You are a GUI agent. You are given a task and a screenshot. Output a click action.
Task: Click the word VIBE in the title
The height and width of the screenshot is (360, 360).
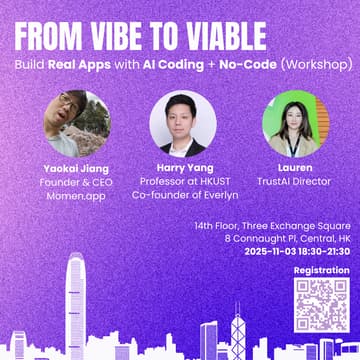point(148,32)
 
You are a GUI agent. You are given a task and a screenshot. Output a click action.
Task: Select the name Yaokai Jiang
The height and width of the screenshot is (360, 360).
point(75,169)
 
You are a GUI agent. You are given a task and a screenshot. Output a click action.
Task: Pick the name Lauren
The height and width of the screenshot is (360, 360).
point(296,169)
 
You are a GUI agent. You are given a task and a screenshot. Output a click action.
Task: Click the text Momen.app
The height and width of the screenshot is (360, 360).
point(75,197)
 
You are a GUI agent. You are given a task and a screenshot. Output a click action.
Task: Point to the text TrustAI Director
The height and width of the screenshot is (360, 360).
point(296,183)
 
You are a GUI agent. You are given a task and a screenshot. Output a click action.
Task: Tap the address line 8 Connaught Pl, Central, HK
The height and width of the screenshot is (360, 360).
point(287,239)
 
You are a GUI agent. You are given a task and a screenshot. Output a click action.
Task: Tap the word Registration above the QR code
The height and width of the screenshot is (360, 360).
point(321,271)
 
